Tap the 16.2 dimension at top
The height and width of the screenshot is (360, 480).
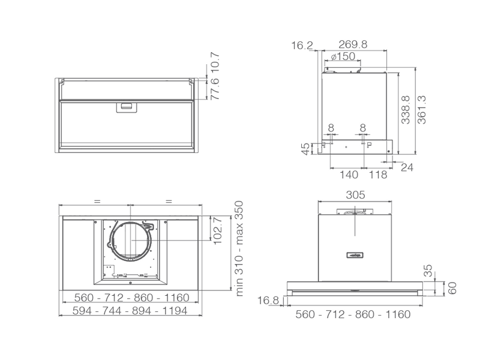pos(302,45)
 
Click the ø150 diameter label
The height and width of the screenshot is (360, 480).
pos(343,57)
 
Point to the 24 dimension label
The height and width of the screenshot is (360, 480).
pos(407,168)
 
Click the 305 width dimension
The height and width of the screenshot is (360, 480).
pos(355,195)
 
